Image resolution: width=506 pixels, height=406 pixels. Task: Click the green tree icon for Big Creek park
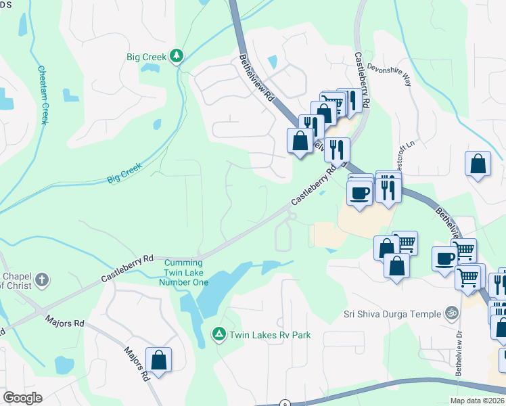[x=177, y=55]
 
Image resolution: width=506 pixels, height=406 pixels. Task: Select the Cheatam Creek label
[x=43, y=94]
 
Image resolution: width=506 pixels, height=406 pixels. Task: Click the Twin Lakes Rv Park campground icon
[x=218, y=334]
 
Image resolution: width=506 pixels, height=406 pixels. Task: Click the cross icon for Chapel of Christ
[x=41, y=280]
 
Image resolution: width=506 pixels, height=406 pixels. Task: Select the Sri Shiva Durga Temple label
[x=390, y=313]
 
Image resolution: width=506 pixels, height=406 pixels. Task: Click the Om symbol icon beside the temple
[x=451, y=313]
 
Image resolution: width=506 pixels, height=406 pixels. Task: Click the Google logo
[x=22, y=398]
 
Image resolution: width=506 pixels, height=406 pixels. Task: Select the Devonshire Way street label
[x=389, y=74]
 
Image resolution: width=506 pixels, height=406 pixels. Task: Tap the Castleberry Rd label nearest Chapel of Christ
[x=127, y=269]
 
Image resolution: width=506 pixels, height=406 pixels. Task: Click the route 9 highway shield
[x=285, y=403]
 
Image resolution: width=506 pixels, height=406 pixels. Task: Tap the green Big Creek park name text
[x=146, y=57]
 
